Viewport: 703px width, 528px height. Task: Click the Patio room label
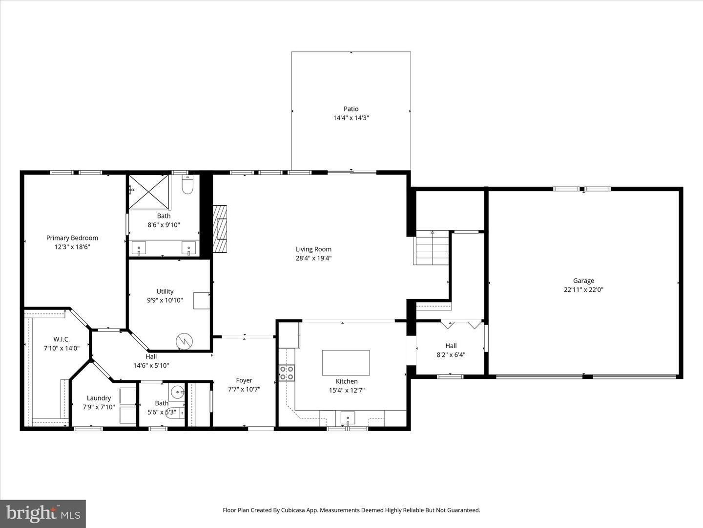click(x=351, y=109)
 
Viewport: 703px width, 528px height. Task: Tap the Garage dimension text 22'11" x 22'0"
click(x=583, y=289)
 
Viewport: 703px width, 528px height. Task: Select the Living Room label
click(x=313, y=249)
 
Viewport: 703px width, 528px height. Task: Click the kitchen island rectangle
click(x=346, y=362)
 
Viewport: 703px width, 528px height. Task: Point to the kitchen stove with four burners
click(x=287, y=373)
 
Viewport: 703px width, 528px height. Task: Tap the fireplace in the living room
click(x=221, y=228)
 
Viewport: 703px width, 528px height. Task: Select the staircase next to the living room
click(x=431, y=248)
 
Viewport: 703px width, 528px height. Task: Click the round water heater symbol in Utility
click(x=185, y=341)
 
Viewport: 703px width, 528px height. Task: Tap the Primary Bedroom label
click(x=72, y=238)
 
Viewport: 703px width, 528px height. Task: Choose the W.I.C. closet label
click(x=62, y=339)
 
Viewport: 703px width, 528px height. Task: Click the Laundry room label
click(x=99, y=398)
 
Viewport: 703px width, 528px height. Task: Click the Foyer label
click(x=244, y=380)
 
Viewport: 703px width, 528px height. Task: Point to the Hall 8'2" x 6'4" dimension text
click(x=451, y=354)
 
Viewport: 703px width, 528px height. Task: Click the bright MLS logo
click(x=43, y=513)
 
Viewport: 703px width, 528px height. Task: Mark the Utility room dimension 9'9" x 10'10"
click(x=165, y=300)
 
